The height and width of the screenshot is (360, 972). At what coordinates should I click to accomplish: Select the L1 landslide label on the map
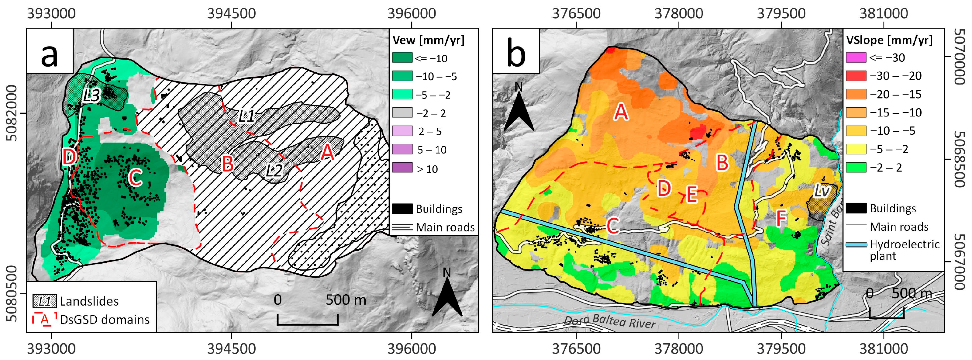click(247, 117)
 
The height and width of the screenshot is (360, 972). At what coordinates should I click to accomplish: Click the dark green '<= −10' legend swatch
click(402, 58)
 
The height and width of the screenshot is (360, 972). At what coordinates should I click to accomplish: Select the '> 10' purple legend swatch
click(402, 168)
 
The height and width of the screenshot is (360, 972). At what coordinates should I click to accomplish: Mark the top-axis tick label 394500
click(231, 14)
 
